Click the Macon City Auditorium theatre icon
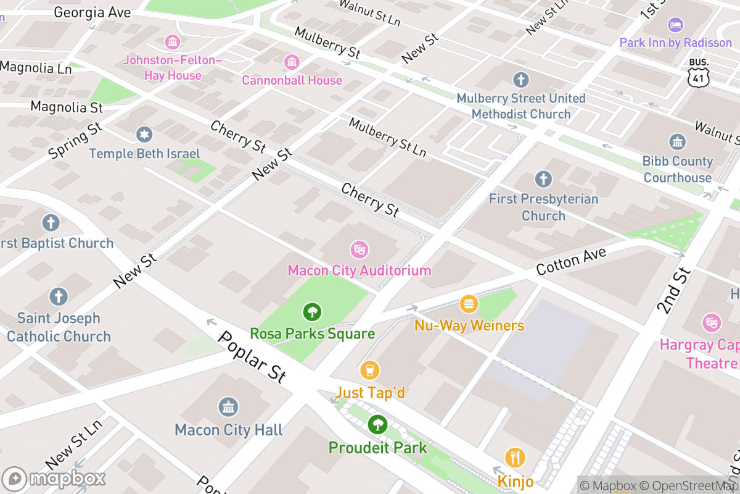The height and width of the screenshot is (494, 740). coord(359,249)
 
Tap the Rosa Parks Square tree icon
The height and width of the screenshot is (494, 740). coord(313,312)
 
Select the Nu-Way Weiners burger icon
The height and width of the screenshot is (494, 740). coord(469,304)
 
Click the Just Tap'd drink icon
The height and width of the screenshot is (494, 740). coord(370,371)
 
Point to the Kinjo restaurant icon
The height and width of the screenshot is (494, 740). coord(515,458)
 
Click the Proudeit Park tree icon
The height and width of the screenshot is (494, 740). coord(377,425)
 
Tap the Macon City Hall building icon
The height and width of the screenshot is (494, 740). coord(228,407)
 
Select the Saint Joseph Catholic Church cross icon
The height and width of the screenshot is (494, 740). coord(59,297)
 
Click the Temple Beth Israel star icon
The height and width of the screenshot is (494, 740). coord(144,134)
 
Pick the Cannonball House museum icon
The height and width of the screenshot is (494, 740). coord(292,62)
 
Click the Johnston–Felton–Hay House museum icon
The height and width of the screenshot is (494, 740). coord(173,42)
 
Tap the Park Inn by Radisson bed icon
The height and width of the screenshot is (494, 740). coord(676,25)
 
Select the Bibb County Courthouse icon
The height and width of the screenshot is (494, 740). coord(677,142)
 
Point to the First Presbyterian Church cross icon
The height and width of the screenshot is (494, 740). coord(543,180)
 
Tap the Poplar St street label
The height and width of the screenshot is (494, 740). coord(252,357)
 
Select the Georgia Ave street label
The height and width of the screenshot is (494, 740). coord(92,12)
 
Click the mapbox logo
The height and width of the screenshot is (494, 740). coord(54,479)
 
